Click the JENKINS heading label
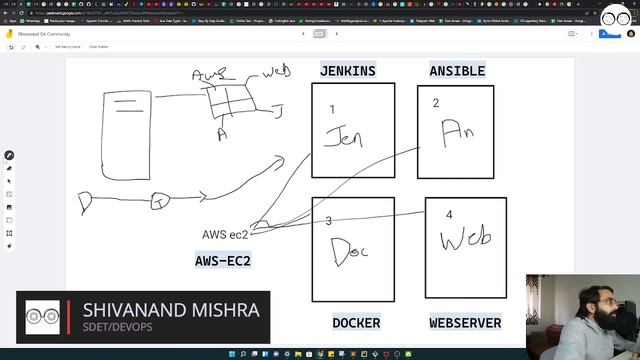coord(348,71)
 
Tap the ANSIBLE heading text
coord(457,71)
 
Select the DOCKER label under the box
coord(356,323)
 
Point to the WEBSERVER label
coord(465,323)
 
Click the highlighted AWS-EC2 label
coord(223,261)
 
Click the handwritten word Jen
coord(344,137)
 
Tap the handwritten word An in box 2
coord(457,132)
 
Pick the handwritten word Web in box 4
coord(465,239)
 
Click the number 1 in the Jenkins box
coord(332,108)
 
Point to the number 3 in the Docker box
coord(328,221)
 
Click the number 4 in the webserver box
coord(449,214)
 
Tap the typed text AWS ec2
coord(225,235)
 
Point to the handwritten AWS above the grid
coord(209,75)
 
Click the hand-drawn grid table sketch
coord(227,101)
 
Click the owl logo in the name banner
coord(45,317)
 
